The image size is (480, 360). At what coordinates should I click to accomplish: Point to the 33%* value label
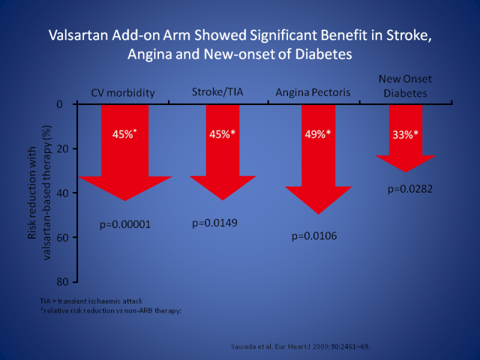click(x=406, y=134)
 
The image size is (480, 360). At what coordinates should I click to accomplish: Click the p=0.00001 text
click(x=125, y=225)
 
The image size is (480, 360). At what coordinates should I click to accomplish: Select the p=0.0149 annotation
click(x=215, y=223)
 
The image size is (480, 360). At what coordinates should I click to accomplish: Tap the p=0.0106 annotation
click(x=314, y=236)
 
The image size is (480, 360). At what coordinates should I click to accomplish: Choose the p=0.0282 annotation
click(x=410, y=189)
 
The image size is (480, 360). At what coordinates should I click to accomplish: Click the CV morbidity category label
click(x=123, y=92)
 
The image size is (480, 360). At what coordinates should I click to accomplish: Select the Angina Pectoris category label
click(x=313, y=92)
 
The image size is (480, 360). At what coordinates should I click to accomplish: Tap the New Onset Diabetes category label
click(x=405, y=86)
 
